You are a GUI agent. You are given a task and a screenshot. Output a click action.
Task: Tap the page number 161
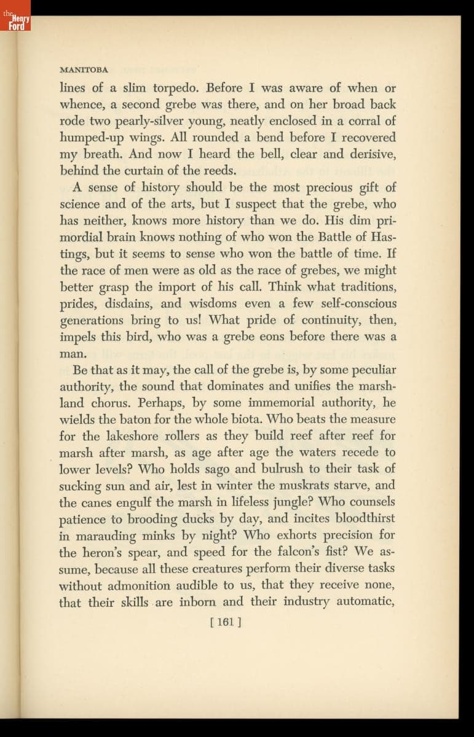click(226, 622)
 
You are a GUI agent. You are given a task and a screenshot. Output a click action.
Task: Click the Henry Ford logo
click(15, 23)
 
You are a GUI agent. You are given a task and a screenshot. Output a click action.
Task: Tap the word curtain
click(132, 170)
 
